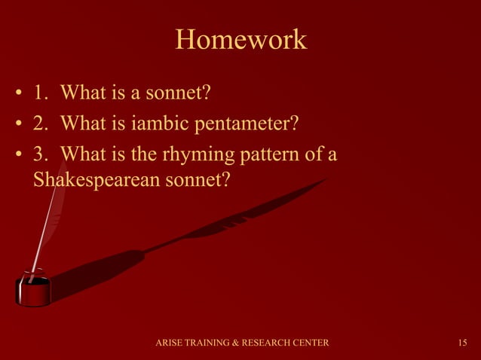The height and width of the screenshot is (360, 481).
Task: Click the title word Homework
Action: pos(240,40)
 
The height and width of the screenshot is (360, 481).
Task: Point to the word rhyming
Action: pos(192,154)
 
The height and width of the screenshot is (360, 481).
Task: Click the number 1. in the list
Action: pos(41,94)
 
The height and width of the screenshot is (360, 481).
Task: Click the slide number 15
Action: pos(462,343)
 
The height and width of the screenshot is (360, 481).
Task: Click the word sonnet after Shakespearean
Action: pos(202,181)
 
